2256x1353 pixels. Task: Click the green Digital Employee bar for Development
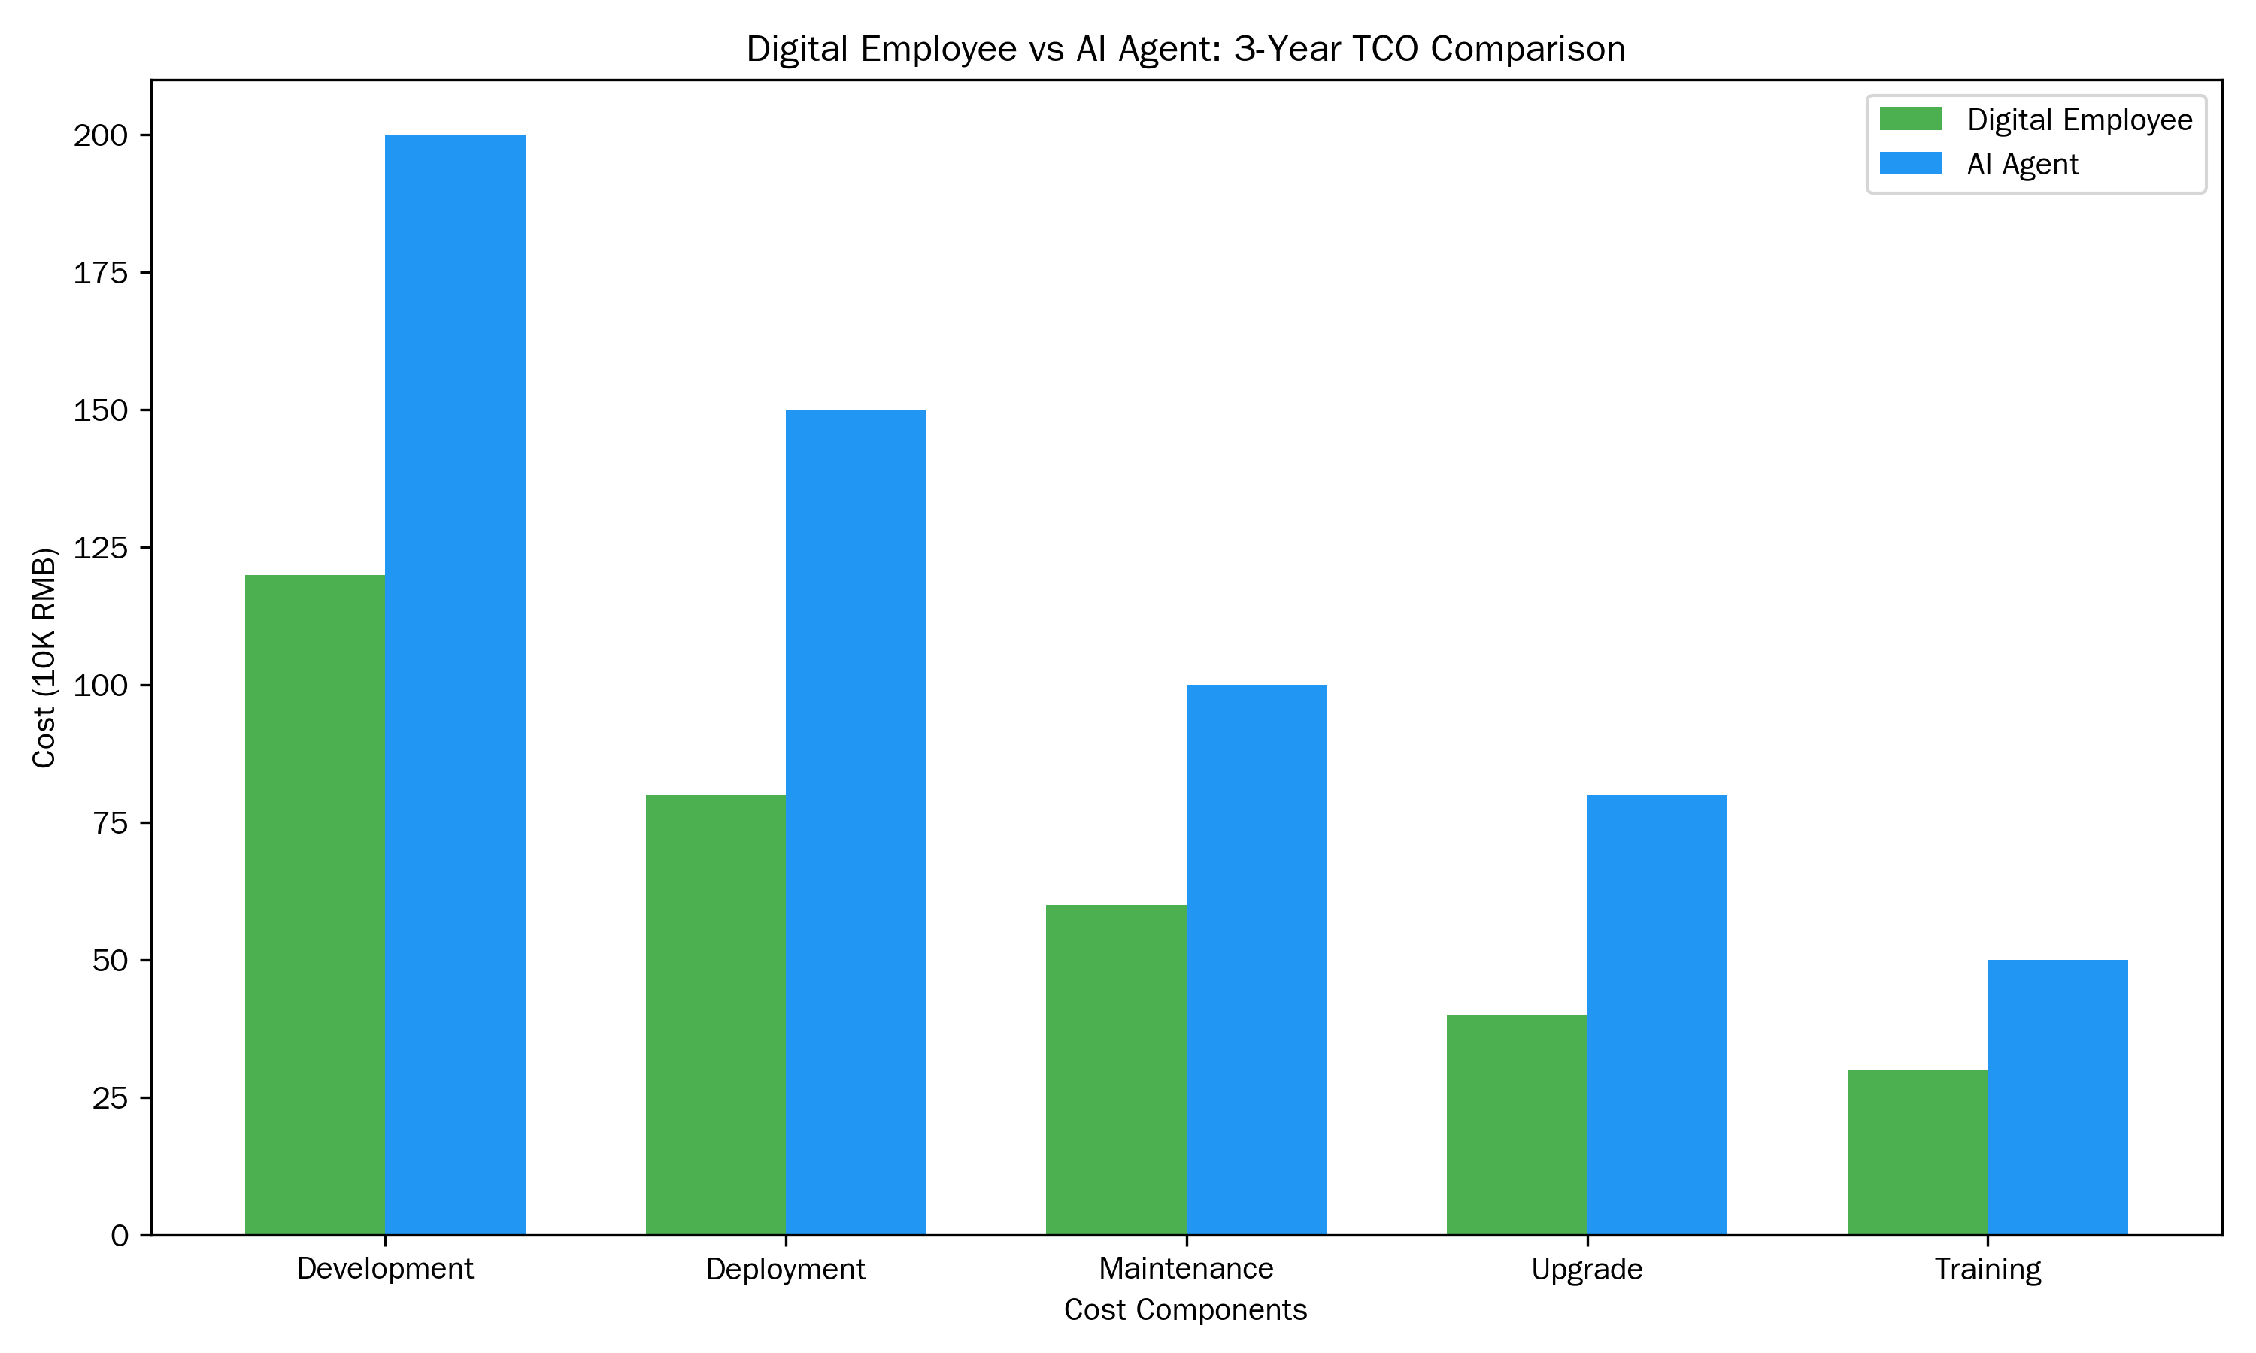coord(314,904)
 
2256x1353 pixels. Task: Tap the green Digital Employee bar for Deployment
coord(716,1015)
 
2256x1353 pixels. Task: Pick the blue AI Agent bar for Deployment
coord(855,822)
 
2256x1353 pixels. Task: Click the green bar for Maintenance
coord(1116,1070)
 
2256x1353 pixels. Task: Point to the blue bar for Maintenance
coord(1256,959)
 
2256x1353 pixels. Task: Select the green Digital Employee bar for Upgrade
coord(1517,1124)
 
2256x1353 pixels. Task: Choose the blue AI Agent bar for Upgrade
coord(1657,1015)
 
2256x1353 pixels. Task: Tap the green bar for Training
coord(1917,1152)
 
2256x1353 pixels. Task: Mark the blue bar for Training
coord(2057,1097)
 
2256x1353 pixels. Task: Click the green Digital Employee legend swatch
coord(1910,120)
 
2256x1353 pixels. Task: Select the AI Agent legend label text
coord(2023,164)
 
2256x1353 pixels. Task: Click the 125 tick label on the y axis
coord(100,548)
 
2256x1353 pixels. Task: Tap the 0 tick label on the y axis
coord(120,1236)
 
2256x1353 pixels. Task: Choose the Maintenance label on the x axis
coord(1185,1268)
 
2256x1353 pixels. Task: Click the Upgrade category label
coord(1587,1268)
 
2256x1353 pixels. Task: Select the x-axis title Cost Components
coord(1185,1309)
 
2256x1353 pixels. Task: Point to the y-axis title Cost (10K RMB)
coord(44,658)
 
